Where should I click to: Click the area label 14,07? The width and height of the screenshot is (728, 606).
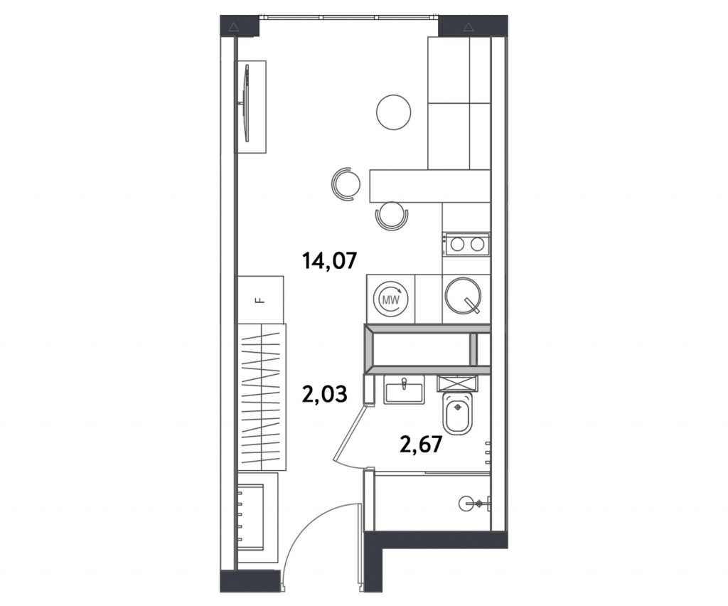point(330,260)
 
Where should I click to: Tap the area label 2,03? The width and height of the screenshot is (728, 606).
point(324,395)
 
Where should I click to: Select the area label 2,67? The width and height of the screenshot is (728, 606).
point(421,445)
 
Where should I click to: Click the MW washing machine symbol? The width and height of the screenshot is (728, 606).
point(391,300)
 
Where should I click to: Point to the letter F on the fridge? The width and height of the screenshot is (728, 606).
point(260,300)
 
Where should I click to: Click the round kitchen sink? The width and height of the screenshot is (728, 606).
point(464,295)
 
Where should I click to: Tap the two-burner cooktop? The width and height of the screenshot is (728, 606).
point(466,244)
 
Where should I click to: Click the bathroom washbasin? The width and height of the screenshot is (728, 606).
point(404,389)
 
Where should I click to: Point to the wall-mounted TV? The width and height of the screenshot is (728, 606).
point(246,103)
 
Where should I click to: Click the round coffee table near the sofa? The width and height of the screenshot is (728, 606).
point(394,113)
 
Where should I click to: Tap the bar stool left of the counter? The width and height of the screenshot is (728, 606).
point(346,184)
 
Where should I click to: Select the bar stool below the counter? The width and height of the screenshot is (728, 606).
point(392,216)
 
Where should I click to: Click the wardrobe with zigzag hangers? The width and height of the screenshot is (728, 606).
point(262,398)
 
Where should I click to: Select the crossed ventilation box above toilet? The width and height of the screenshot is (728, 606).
point(457,383)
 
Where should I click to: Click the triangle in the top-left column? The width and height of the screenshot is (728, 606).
point(233,27)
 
